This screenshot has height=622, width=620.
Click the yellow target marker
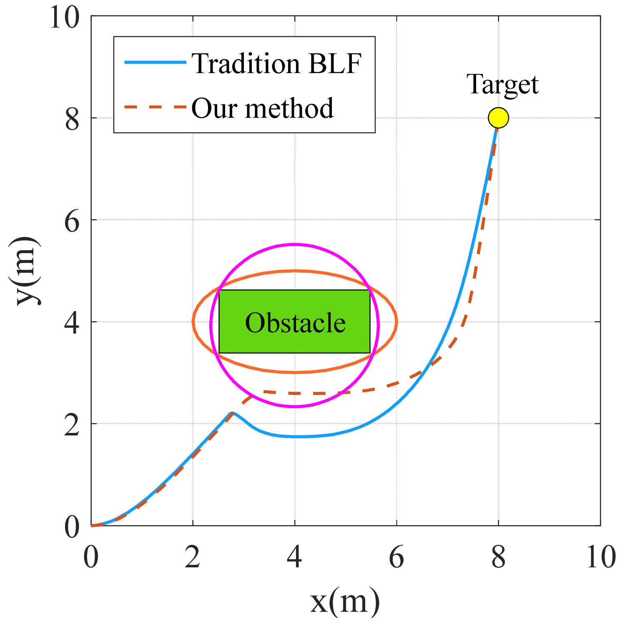tap(498, 118)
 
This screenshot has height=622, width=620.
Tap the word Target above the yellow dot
tap(502, 85)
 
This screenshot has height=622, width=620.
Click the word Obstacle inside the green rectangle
tap(295, 323)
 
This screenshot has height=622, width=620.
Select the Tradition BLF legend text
tap(276, 64)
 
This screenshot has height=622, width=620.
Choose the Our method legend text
tap(262, 108)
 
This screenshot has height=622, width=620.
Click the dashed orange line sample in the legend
tap(155, 107)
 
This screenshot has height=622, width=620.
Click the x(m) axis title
tap(345, 602)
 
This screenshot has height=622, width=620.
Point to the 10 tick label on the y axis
tap(65, 18)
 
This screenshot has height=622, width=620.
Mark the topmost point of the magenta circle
tap(295, 244)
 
